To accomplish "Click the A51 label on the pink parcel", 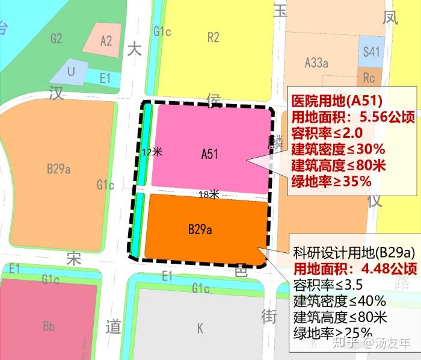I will pos(209,154).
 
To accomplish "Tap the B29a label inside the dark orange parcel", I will pos(200,229).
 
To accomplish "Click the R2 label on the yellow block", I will pos(213,38).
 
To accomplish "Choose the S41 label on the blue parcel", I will pos(371,52).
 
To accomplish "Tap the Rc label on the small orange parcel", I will pos(369,78).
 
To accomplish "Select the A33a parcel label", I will pos(316,62).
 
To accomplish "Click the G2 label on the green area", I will pos(57,39).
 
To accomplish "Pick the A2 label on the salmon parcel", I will pos(106,41).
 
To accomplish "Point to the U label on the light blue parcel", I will pos(71,72).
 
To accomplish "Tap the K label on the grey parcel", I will pos(200,328).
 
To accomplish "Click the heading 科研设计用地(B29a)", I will pos(355,252).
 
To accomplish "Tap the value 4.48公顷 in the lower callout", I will pos(386,268).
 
